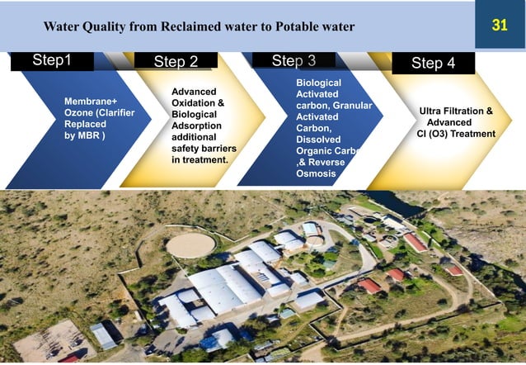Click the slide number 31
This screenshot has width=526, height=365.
click(x=499, y=26)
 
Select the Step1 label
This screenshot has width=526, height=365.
click(x=52, y=60)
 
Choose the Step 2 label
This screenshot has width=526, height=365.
click(x=176, y=62)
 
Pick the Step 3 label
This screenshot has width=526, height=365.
click(x=294, y=60)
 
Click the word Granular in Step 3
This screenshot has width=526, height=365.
click(x=353, y=106)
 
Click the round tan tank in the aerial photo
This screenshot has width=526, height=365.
click(x=190, y=244)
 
